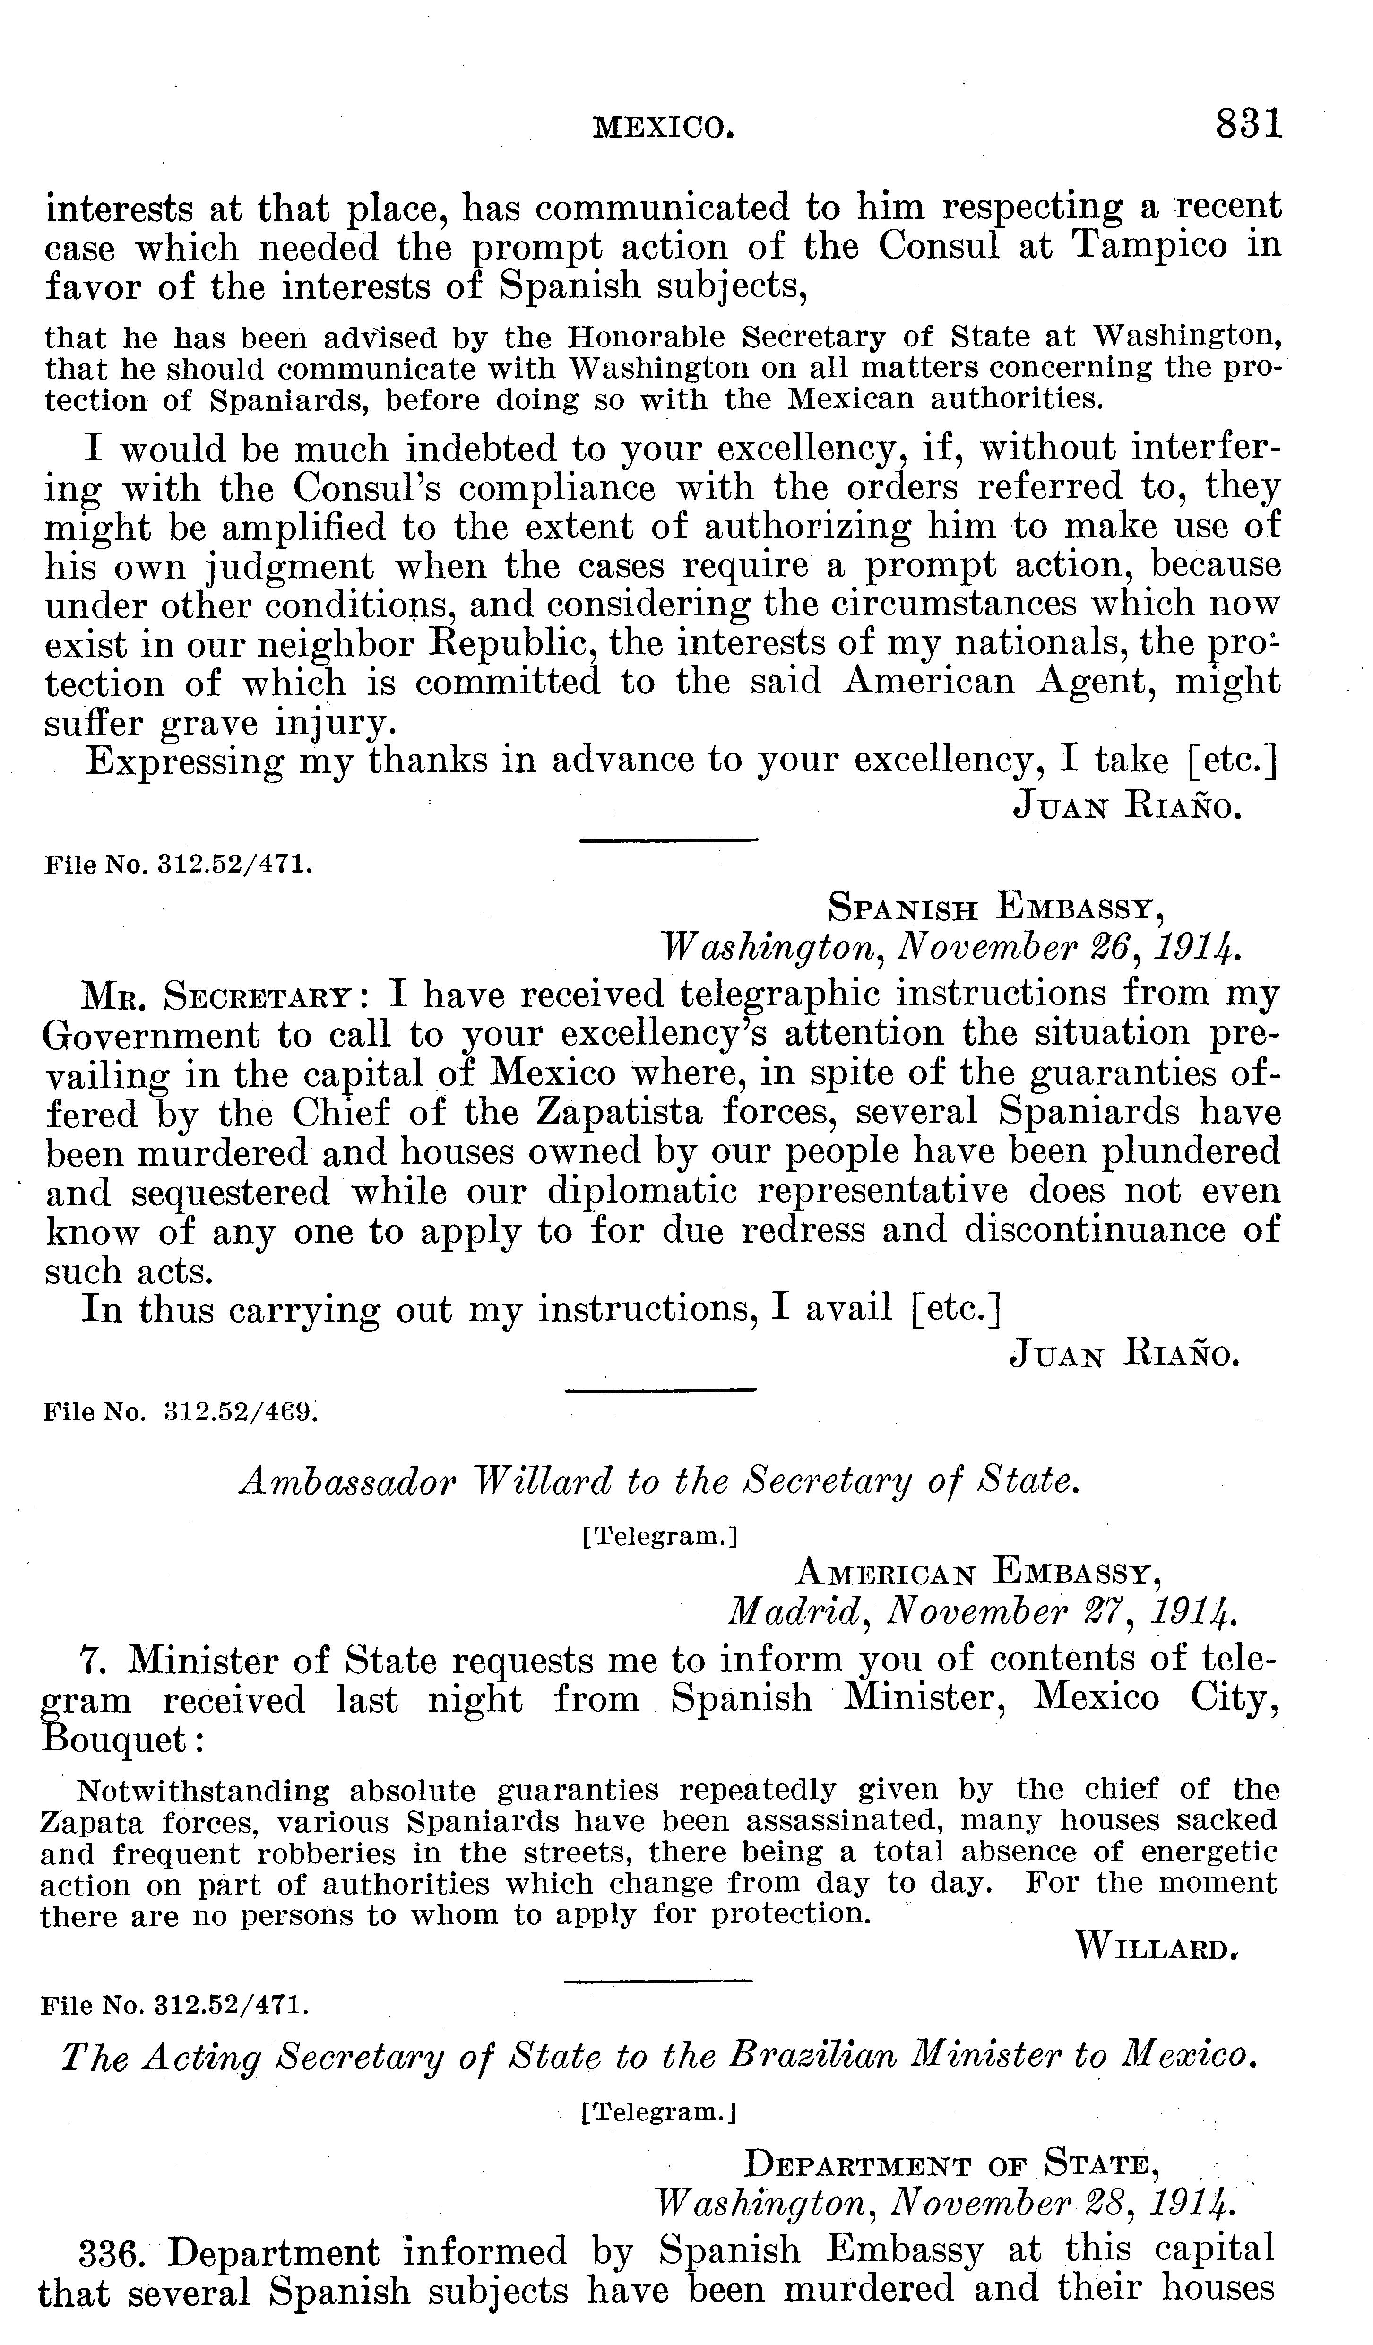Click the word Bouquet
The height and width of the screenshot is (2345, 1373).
click(x=114, y=1738)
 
